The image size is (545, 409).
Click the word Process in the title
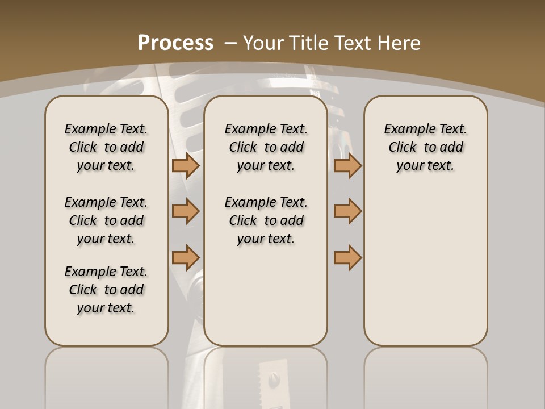pos(175,43)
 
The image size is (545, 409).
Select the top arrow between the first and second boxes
pos(185,166)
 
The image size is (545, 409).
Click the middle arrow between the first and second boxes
pos(185,211)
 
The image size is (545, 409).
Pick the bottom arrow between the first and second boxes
pos(185,257)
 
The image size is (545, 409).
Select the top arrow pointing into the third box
pos(347,166)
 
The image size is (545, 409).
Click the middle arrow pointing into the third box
pos(347,211)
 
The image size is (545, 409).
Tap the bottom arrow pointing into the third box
pos(347,257)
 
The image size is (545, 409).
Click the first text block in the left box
pos(106,147)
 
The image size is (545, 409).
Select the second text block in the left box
pos(106,220)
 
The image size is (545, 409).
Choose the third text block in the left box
pos(106,290)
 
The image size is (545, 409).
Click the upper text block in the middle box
pos(266,147)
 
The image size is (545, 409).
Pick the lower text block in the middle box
pos(266,220)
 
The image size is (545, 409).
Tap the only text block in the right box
pos(425,147)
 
